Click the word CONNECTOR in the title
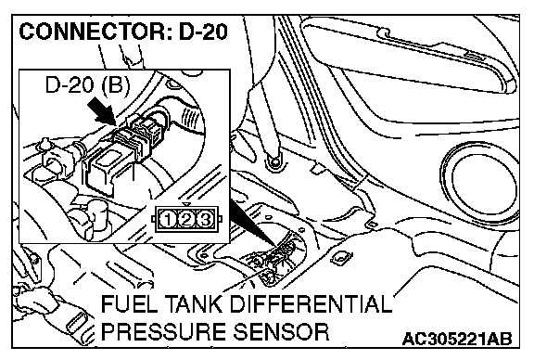click(92, 32)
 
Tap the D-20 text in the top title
click(203, 32)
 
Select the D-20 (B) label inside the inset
click(88, 84)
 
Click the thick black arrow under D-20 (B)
click(101, 111)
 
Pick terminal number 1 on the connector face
click(168, 220)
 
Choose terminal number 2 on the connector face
click(186, 220)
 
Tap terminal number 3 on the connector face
click(205, 220)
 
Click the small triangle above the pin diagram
click(186, 204)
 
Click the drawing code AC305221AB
click(457, 340)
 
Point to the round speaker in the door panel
click(479, 180)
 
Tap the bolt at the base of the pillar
click(273, 161)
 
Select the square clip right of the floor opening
click(340, 257)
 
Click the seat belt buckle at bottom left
click(77, 325)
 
